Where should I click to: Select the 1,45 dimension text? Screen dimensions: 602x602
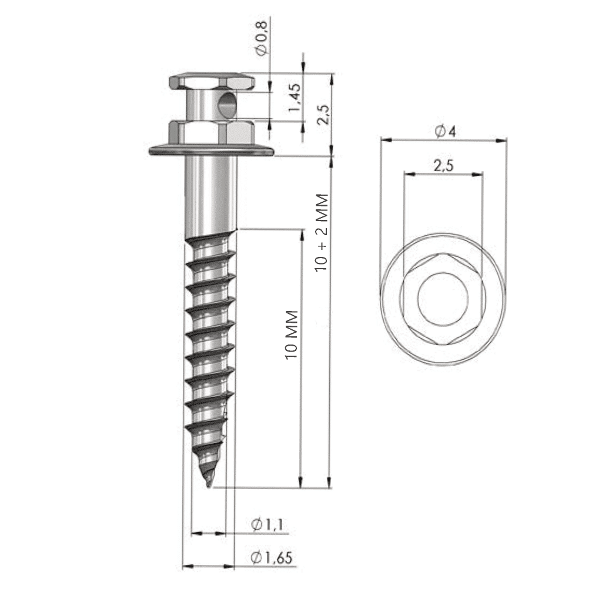tap(295, 98)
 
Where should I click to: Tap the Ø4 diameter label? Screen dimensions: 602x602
tap(446, 131)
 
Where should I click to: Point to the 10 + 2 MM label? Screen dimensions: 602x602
tap(321, 233)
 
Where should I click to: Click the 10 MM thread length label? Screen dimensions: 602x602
tap(292, 335)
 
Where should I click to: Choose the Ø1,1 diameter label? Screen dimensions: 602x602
tap(267, 524)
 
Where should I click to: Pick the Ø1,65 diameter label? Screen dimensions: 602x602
tap(271, 557)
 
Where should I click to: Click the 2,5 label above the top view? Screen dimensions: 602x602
tap(443, 165)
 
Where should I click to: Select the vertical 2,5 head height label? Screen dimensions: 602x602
tap(323, 114)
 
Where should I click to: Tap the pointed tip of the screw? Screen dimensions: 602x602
tap(209, 486)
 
